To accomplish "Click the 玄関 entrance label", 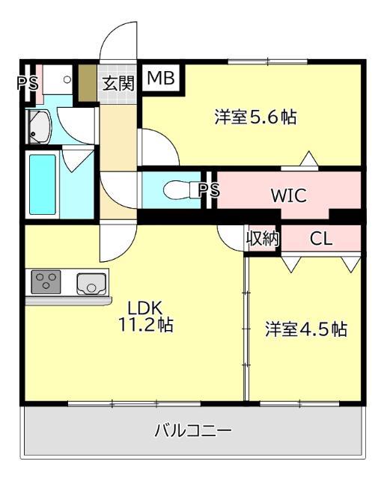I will (x=118, y=82).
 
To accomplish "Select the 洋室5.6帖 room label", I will (x=254, y=118).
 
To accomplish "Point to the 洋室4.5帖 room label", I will (x=306, y=329).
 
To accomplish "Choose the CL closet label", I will (x=321, y=239).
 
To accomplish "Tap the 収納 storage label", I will (x=263, y=239).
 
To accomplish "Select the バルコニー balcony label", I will (x=193, y=431).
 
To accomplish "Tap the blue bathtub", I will (x=43, y=183).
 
